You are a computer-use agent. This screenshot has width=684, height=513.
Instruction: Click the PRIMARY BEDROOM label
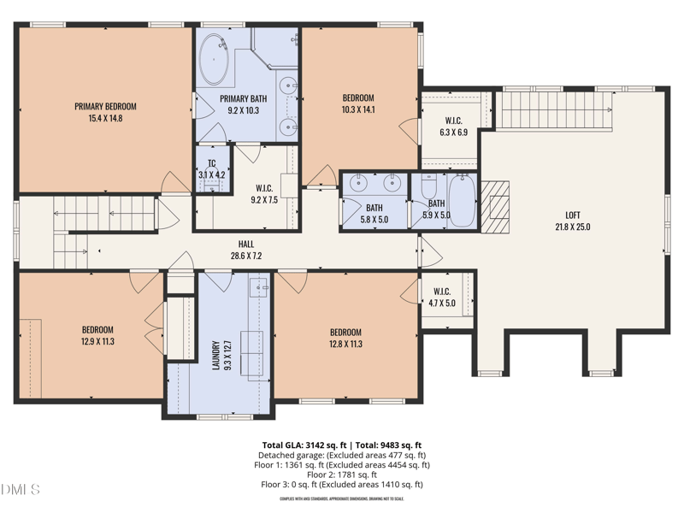tap(105, 107)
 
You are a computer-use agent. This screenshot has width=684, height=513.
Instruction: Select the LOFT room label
tap(572, 215)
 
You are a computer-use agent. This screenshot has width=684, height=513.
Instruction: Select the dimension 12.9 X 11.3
tap(97, 341)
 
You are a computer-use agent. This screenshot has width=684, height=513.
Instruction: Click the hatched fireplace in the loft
tap(495, 207)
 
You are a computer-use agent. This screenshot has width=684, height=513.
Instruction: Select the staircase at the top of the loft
tap(556, 109)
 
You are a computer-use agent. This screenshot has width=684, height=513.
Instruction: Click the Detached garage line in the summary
tap(342, 455)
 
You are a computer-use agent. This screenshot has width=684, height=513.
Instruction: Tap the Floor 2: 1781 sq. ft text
tap(342, 475)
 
